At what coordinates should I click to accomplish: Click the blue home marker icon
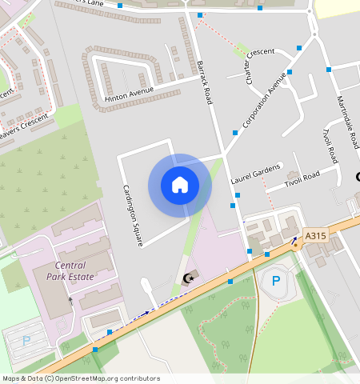tap(180, 185)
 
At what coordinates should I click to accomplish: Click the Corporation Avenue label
tap(264, 102)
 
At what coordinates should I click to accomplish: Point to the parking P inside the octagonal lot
tap(276, 281)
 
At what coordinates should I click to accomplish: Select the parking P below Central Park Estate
tap(26, 340)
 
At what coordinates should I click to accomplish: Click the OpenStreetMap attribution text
tap(81, 378)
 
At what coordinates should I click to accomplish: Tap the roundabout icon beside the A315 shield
tap(294, 245)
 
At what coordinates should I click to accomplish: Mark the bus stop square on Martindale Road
tap(329, 70)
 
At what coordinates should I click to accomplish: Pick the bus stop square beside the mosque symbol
tap(230, 282)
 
